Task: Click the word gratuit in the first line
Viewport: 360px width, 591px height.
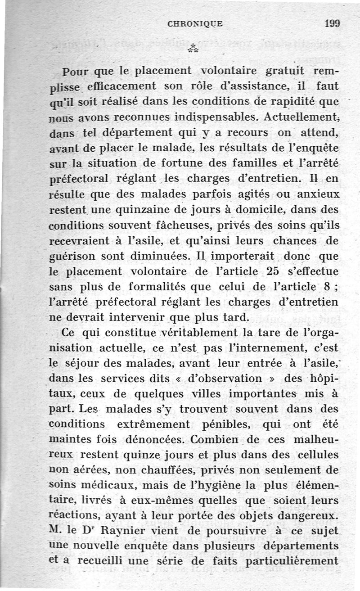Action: coord(288,71)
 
